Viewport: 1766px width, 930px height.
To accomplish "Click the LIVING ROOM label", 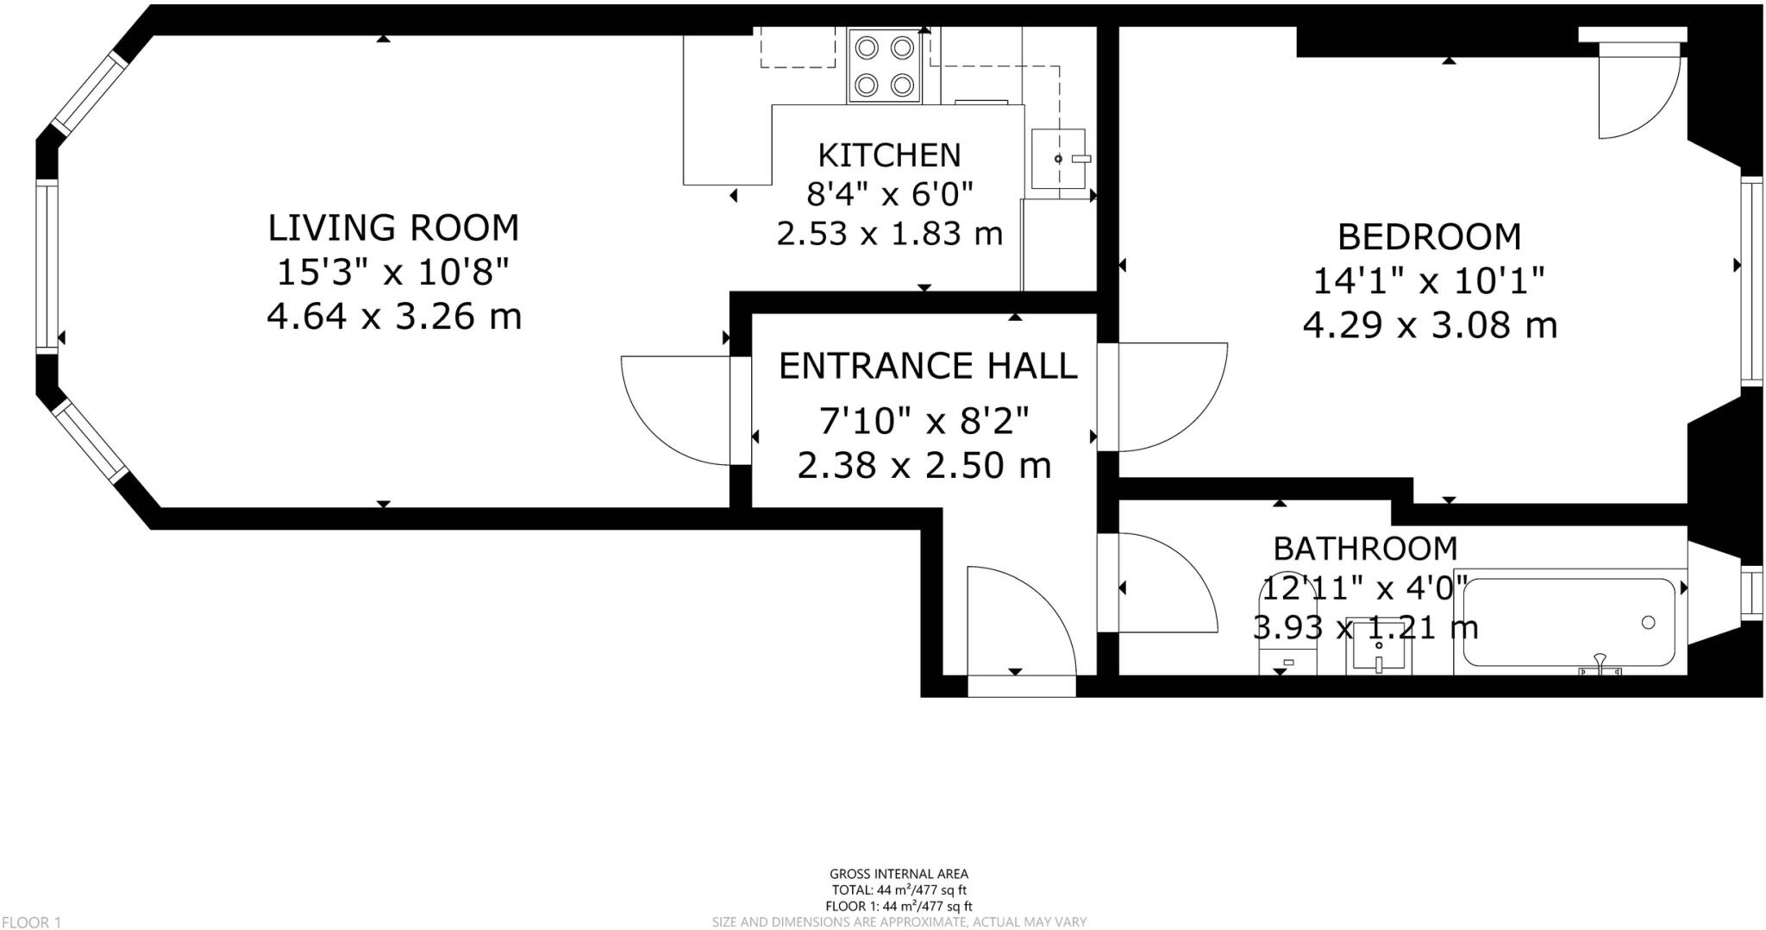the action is (x=393, y=228).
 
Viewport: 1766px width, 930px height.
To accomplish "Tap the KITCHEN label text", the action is (x=889, y=155).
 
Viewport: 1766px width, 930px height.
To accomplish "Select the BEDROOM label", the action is (x=1429, y=236).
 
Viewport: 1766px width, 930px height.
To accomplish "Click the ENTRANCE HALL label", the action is (x=928, y=366).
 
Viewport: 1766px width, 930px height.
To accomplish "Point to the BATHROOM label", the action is (x=1365, y=548).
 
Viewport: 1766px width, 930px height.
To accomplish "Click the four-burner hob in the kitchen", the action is (x=885, y=66).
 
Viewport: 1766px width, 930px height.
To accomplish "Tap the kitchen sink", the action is (x=1059, y=159).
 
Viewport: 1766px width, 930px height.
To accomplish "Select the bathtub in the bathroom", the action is (x=1569, y=621).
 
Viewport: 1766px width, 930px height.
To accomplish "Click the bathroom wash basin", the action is (x=1379, y=644).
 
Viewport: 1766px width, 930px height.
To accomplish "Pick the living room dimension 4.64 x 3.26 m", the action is (x=394, y=317).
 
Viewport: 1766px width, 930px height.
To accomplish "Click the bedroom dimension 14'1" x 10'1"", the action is (x=1429, y=281).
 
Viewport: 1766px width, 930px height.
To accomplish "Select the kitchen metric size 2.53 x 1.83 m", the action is (x=890, y=234).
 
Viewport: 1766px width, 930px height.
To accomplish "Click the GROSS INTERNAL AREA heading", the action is (x=899, y=874).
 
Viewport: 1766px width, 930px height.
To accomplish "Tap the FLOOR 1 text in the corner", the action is (x=31, y=923).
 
